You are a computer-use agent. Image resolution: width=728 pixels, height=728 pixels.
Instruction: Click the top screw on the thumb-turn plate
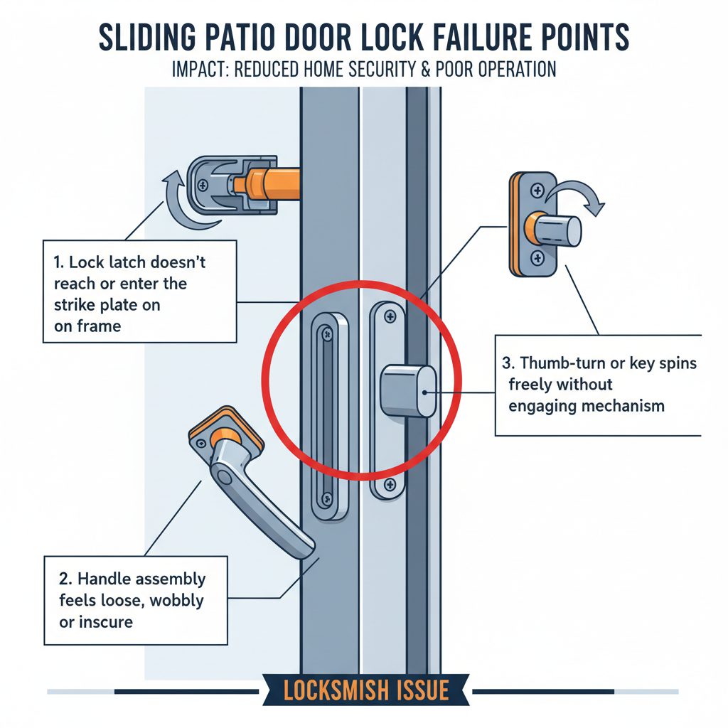(x=537, y=190)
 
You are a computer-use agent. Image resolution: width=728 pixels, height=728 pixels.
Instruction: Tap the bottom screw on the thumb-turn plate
(x=537, y=257)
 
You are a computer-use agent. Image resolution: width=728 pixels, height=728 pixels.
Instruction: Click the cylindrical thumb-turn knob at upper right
(x=557, y=230)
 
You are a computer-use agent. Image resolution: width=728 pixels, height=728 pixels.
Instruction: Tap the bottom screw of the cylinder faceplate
(x=389, y=486)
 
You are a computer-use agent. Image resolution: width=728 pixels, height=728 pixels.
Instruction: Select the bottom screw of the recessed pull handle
(x=326, y=498)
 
